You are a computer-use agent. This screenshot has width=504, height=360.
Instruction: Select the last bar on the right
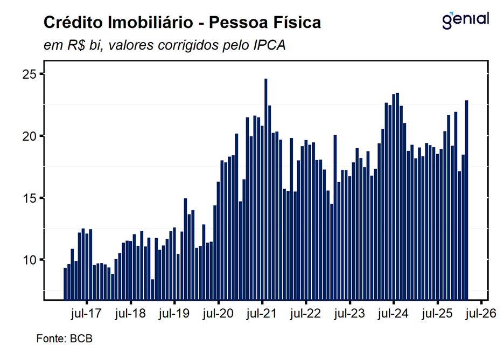[x=467, y=199]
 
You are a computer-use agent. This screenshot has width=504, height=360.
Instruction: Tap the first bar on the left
[x=65, y=283]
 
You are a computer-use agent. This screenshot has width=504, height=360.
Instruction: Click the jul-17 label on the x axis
[x=87, y=314]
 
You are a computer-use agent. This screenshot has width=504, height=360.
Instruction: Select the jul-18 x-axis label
[x=130, y=314]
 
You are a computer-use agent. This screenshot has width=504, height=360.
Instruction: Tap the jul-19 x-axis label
[x=174, y=314]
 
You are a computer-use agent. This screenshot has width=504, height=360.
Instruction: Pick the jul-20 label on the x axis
[x=218, y=314]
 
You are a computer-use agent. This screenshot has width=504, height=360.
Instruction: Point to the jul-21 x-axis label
[x=262, y=314]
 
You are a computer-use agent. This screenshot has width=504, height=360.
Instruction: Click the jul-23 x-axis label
[x=349, y=314]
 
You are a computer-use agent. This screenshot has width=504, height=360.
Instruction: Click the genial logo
[x=465, y=20]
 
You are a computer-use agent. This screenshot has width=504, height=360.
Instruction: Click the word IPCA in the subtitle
[x=269, y=46]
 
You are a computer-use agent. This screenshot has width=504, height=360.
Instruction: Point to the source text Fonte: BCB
[x=64, y=339]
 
